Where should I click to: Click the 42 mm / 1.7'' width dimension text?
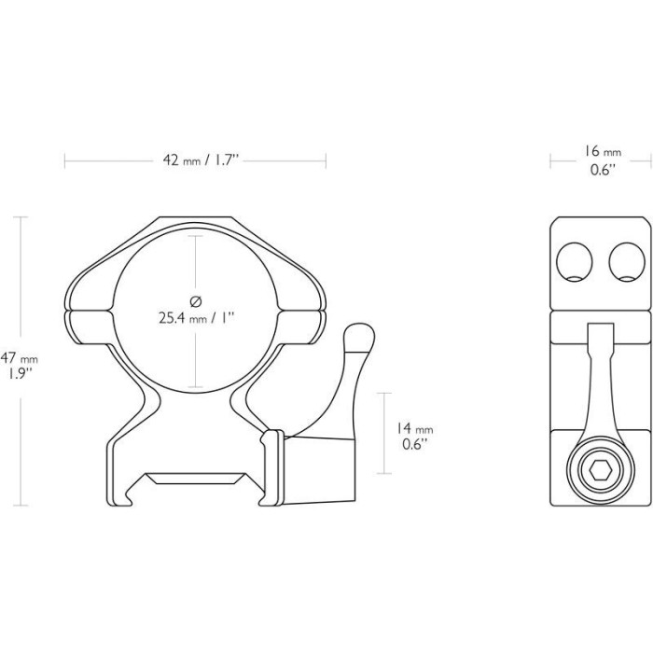pos(195,160)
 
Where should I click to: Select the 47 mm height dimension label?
pos(20,358)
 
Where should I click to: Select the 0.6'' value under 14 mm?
pos(411,445)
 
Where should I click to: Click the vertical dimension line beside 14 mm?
pos(383,434)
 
